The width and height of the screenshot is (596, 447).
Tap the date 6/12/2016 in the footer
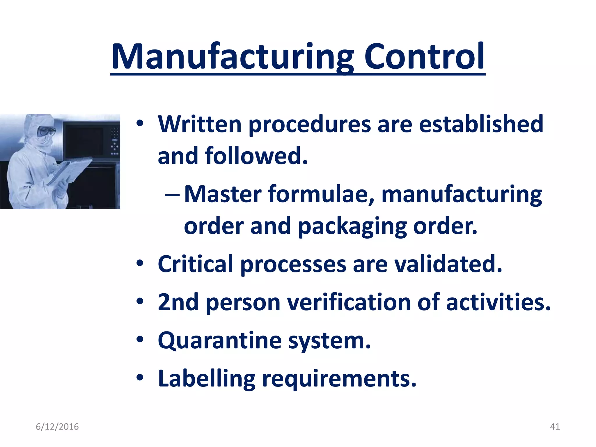point(57,427)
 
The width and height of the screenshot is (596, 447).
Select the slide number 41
point(555,427)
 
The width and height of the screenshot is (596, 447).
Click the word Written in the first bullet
point(200,125)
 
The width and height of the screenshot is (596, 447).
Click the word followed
point(256,156)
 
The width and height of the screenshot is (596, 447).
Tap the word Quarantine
point(220,341)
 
